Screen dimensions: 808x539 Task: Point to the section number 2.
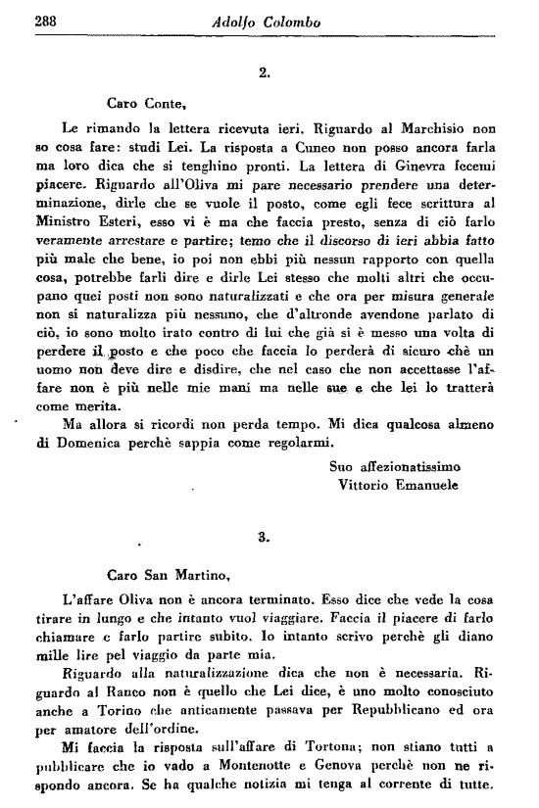pos(264,71)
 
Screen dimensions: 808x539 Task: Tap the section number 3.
pos(263,536)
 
